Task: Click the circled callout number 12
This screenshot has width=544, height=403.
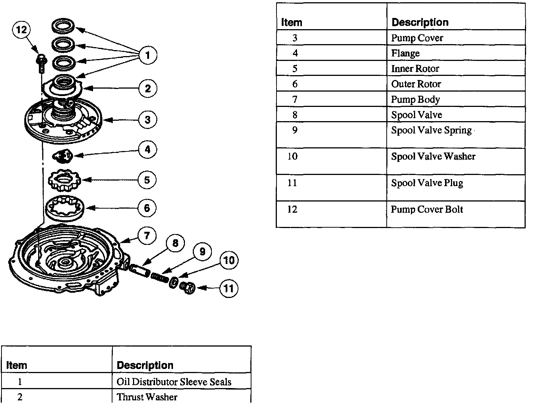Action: coord(22,30)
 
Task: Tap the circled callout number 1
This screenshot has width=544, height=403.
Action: coord(148,55)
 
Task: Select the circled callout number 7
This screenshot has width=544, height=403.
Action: coord(147,236)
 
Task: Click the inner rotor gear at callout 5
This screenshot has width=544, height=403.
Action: coord(64,181)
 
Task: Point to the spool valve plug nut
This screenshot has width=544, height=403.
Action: coord(188,287)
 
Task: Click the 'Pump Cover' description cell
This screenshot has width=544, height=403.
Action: coord(417,38)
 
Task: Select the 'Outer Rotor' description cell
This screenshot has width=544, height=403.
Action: coord(416,84)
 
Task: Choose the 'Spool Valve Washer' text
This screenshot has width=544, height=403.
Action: coord(433,156)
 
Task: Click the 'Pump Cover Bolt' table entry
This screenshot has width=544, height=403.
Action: coord(427,209)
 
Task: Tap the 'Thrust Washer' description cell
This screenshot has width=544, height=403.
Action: coord(147,397)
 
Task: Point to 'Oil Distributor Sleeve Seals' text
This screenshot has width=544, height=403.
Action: coord(174,382)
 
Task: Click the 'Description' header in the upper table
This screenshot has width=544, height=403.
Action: coord(420,22)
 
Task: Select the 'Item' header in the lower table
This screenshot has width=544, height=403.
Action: coord(16,365)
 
